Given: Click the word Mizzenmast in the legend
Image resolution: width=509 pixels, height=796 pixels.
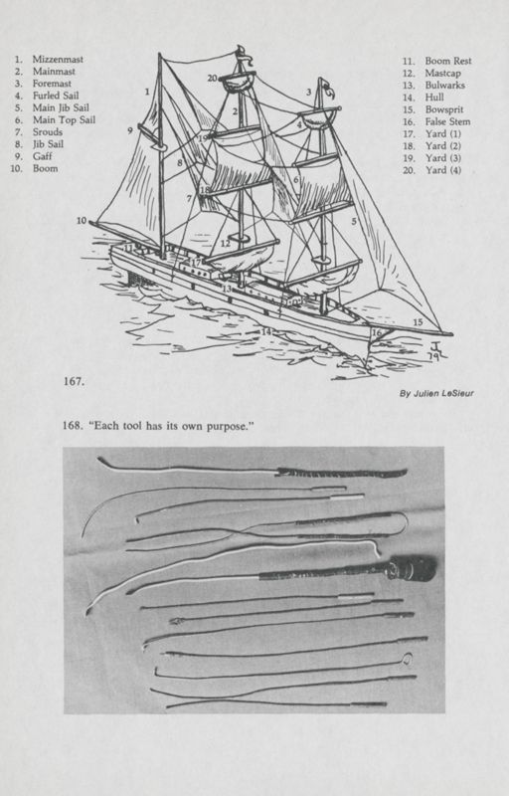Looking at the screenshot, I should (58, 60).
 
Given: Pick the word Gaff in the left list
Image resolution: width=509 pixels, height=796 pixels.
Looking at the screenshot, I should (43, 157).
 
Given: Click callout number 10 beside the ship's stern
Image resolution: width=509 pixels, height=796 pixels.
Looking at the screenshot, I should (82, 220).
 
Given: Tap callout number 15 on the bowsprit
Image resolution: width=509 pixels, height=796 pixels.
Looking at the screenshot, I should (418, 322).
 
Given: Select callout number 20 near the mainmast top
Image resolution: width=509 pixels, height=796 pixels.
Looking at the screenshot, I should (212, 78).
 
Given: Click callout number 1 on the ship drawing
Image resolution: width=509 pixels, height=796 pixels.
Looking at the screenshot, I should (146, 92).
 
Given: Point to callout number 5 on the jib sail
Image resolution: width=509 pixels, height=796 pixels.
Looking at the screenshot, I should (354, 222).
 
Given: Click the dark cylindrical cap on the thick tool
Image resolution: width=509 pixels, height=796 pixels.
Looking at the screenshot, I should (414, 569).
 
